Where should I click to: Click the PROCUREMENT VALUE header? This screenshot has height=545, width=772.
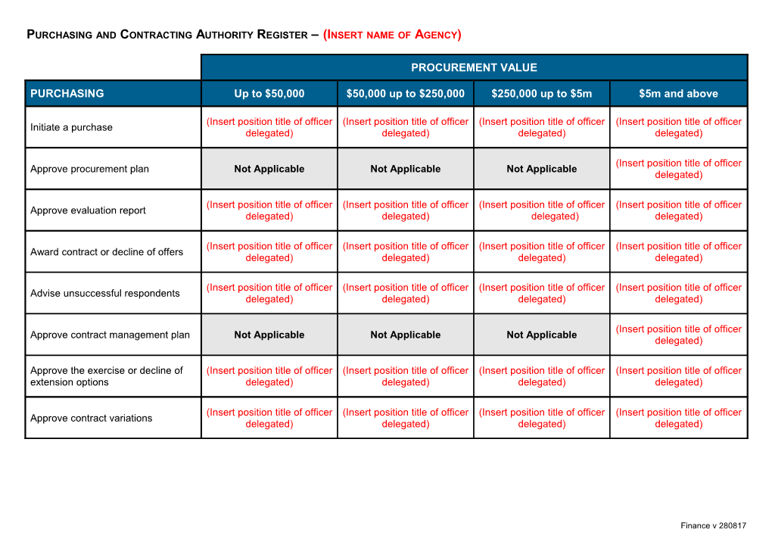(474, 67)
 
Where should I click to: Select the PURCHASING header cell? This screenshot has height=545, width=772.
(67, 94)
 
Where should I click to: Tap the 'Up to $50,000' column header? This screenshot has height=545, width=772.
(269, 94)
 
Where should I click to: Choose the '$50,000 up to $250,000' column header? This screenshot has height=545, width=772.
(405, 94)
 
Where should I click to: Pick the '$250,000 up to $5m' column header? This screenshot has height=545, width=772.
(541, 94)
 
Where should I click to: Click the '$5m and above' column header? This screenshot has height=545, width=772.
(678, 94)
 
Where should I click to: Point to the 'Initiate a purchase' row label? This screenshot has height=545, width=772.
(71, 127)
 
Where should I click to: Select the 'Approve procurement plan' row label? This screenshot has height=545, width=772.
(89, 169)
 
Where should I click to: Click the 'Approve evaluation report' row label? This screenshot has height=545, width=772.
(88, 210)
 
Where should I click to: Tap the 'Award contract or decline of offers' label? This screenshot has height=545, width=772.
(106, 252)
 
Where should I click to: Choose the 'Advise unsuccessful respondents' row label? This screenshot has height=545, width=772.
(104, 293)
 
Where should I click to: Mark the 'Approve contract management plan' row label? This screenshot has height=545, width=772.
(110, 335)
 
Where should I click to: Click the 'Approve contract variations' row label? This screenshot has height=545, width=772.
(91, 418)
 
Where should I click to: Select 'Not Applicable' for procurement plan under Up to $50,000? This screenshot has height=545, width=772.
(269, 169)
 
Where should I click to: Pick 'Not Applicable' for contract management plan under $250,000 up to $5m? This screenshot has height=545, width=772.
(541, 335)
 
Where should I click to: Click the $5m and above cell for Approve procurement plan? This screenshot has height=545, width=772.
(678, 169)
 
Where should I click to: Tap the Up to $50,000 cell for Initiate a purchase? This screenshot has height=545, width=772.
(269, 127)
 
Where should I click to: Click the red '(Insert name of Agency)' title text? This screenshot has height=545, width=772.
(392, 34)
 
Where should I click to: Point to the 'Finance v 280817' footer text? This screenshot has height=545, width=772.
(713, 525)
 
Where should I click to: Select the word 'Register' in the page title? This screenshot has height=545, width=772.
(276, 34)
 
